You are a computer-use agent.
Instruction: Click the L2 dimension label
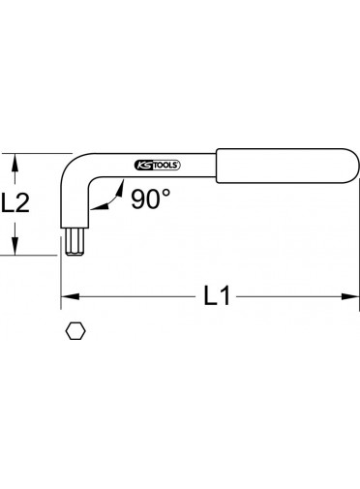[x=15, y=202]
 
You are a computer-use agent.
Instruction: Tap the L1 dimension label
[x=217, y=295]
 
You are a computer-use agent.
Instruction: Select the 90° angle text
[x=150, y=199]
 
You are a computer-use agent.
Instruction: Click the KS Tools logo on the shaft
[x=157, y=166]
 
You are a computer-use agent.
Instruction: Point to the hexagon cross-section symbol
[x=75, y=331]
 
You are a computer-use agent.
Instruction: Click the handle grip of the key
[x=287, y=166]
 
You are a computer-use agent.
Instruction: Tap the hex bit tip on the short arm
[x=75, y=241]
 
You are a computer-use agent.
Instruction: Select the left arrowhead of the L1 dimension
[x=70, y=296]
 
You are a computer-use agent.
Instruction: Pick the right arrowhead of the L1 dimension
[x=350, y=296]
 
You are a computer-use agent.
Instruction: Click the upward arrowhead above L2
[x=15, y=163]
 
